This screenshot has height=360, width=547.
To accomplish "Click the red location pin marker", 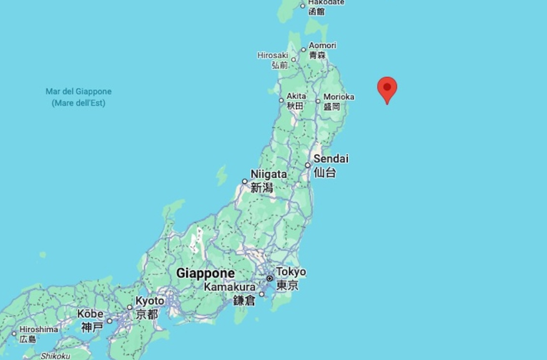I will click(387, 89).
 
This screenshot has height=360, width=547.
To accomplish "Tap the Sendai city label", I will click(330, 159).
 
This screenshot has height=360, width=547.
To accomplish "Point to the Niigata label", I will click(269, 174).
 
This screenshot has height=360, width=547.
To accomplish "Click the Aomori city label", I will click(322, 46).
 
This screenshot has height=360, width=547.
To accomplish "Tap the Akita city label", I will click(296, 96).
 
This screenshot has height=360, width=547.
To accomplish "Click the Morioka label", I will click(338, 97).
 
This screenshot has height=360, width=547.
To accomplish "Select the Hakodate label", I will click(326, 2).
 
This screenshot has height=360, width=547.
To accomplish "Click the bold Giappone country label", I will click(205, 273).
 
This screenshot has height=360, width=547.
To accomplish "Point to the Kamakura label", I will click(229, 287).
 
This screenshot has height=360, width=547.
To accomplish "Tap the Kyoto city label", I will click(149, 301).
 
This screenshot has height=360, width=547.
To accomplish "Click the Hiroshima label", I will click(38, 329).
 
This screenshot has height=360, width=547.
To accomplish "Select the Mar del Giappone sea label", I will click(78, 92).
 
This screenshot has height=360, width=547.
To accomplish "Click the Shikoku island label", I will click(55, 356).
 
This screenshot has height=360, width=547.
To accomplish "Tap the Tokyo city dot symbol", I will click(270, 278).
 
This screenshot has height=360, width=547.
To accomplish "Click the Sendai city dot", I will click(308, 165).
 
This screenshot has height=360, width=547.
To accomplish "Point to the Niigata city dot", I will click(245, 182).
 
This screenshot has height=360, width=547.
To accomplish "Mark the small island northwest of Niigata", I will click(222, 175).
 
